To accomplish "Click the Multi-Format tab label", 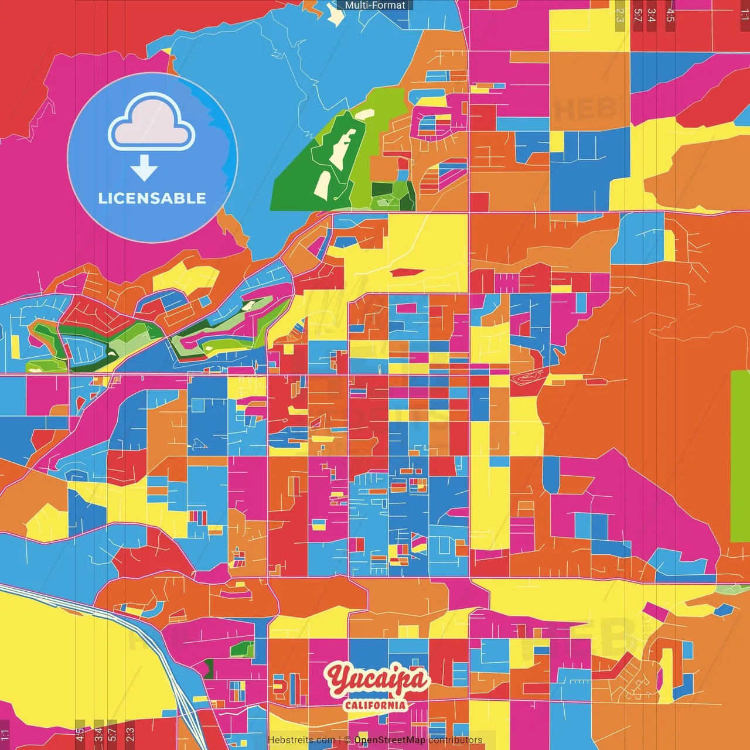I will coord(375,5).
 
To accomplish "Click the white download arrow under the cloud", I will coord(144,169).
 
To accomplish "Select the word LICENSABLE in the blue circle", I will coord(152,199).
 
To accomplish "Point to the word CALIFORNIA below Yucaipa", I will coord(375,705).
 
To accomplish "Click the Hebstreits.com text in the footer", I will coord(301,740).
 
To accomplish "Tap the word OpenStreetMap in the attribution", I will coord(390,740).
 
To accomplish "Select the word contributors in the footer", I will coord(455,740).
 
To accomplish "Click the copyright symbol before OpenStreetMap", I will coord(347,740).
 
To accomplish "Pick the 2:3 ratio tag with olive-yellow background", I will coord(620,15).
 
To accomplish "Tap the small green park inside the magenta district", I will coord(241,649).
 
